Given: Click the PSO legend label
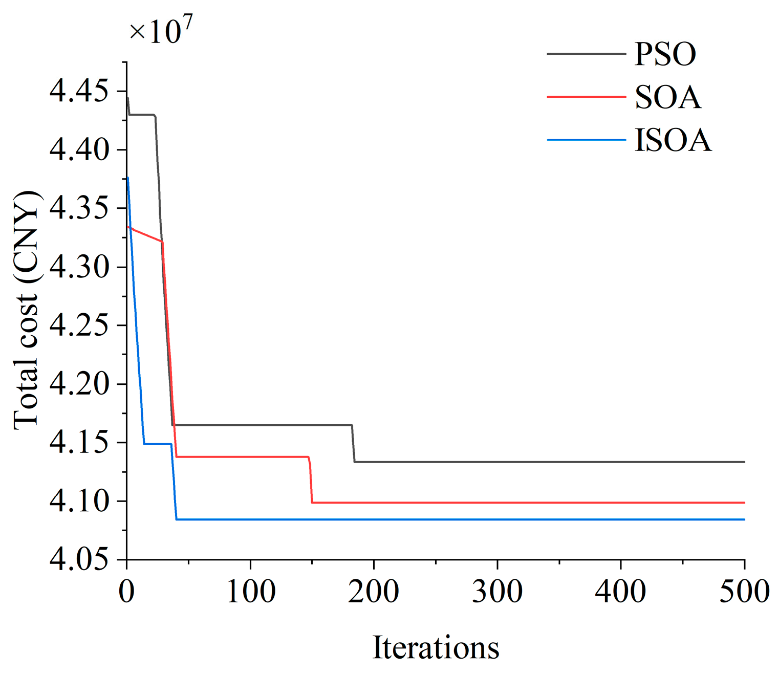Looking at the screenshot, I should coord(665,54).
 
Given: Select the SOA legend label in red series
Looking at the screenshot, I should coord(667,97).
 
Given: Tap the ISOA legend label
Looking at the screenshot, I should coord(673,140).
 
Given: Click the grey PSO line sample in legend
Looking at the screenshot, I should coord(586,54).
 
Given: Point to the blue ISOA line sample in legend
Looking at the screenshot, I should coord(586,140).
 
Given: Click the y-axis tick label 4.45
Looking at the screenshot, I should coord(79,92).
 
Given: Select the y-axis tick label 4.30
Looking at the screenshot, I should coord(79,267).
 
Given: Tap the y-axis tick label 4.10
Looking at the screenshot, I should coord(79,501).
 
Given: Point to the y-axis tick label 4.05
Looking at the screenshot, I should coord(79,559).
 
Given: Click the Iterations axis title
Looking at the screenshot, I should coord(436,647).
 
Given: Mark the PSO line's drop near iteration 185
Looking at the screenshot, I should coord(353,444).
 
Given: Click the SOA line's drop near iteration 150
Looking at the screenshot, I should coord(311,480).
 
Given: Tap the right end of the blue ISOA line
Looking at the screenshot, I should coord(744,519).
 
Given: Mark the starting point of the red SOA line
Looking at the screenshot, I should coord(127,227).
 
